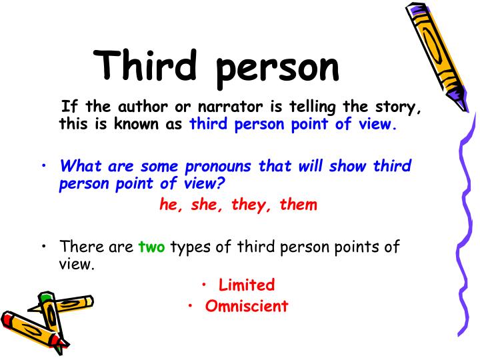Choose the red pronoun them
click(297, 204)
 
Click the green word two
click(151, 247)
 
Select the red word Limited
click(247, 285)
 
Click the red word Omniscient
click(247, 306)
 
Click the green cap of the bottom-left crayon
click(45, 297)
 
